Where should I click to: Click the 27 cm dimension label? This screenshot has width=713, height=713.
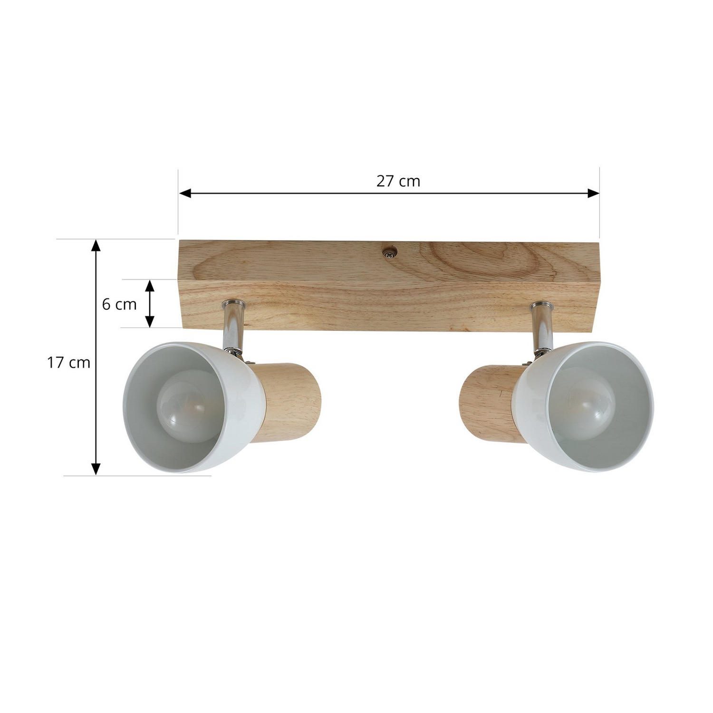(398, 181)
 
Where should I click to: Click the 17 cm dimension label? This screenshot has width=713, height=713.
(68, 363)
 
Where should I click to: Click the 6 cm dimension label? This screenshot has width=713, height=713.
(119, 304)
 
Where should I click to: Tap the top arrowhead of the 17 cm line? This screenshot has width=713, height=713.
(96, 245)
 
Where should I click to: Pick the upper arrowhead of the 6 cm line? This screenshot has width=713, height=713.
(150, 286)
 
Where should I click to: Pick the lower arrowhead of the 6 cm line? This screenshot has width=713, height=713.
(150, 321)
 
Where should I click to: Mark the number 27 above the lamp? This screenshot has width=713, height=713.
(386, 181)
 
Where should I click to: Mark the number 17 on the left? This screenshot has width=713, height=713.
(56, 363)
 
